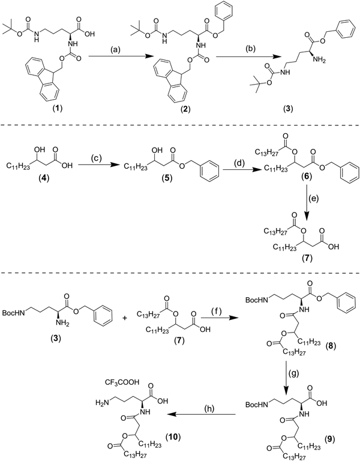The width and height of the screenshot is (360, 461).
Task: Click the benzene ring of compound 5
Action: (x=199, y=178)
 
